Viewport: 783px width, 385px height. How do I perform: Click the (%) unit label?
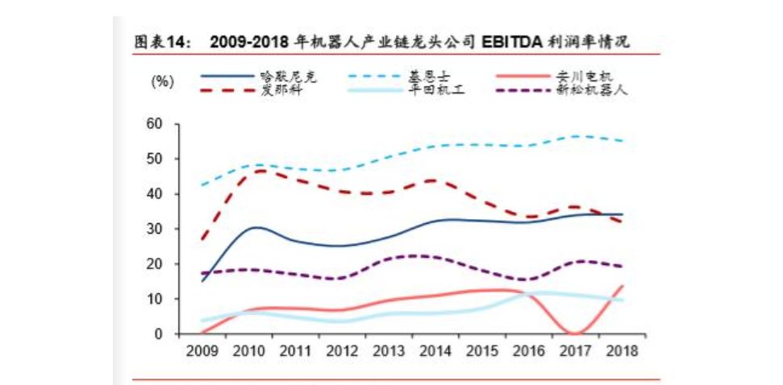162,82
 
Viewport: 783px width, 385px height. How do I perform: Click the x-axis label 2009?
202,350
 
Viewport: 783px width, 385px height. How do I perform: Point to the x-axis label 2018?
623,350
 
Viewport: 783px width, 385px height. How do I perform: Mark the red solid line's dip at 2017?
573,333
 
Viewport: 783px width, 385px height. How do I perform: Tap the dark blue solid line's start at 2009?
202,280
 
